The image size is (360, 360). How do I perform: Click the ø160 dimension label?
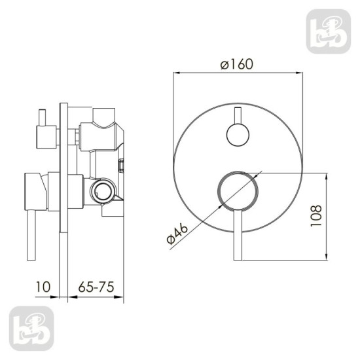(x=237, y=64)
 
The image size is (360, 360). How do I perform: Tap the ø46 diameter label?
(x=177, y=234)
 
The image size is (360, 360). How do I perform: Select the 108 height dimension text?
(x=316, y=216)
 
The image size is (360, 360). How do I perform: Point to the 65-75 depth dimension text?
(x=96, y=287)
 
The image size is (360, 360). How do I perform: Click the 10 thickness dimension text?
(x=43, y=287)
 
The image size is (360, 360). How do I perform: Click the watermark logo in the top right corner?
(x=329, y=31)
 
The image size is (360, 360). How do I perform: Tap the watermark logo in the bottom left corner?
(x=31, y=329)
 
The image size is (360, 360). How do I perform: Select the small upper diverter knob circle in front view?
(x=238, y=135)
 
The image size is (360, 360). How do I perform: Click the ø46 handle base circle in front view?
(x=238, y=191)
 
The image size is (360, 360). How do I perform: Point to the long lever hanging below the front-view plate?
(x=238, y=235)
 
